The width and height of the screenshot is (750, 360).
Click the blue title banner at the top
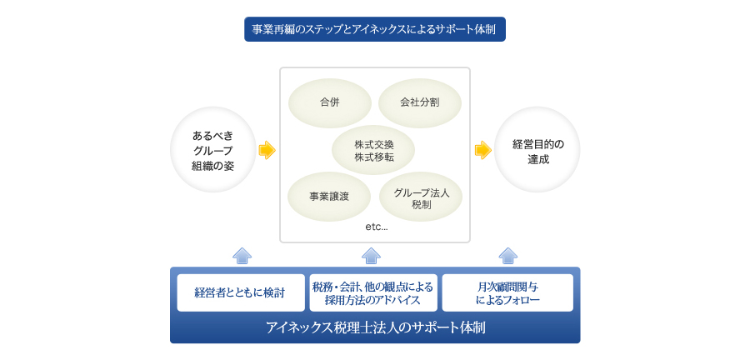point(374,29)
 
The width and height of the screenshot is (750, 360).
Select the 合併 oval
point(329,102)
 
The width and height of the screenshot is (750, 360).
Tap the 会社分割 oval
point(419,102)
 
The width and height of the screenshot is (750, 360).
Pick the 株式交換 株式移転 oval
point(374,151)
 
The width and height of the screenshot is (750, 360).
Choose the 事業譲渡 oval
point(328,197)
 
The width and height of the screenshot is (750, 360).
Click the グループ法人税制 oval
point(421,197)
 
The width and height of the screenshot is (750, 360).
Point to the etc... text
point(376,227)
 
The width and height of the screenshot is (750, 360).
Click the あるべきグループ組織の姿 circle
point(212,150)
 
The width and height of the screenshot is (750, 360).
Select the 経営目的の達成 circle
point(537,150)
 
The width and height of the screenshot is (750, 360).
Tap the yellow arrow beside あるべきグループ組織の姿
point(267,150)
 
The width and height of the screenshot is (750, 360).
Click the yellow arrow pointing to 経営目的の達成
point(482,150)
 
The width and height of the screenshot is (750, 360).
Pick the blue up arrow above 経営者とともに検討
point(242,255)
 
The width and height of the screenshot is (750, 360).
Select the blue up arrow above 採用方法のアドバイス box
point(372,255)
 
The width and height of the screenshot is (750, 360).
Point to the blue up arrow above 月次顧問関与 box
point(507,255)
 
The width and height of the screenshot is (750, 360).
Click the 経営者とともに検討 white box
point(240,292)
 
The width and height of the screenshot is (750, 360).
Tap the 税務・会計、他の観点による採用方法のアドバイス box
point(372,292)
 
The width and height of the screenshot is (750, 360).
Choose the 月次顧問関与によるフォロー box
point(507,292)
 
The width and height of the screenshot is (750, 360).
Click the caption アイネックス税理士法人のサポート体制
point(375,327)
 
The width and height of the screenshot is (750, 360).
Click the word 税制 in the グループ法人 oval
point(421,204)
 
